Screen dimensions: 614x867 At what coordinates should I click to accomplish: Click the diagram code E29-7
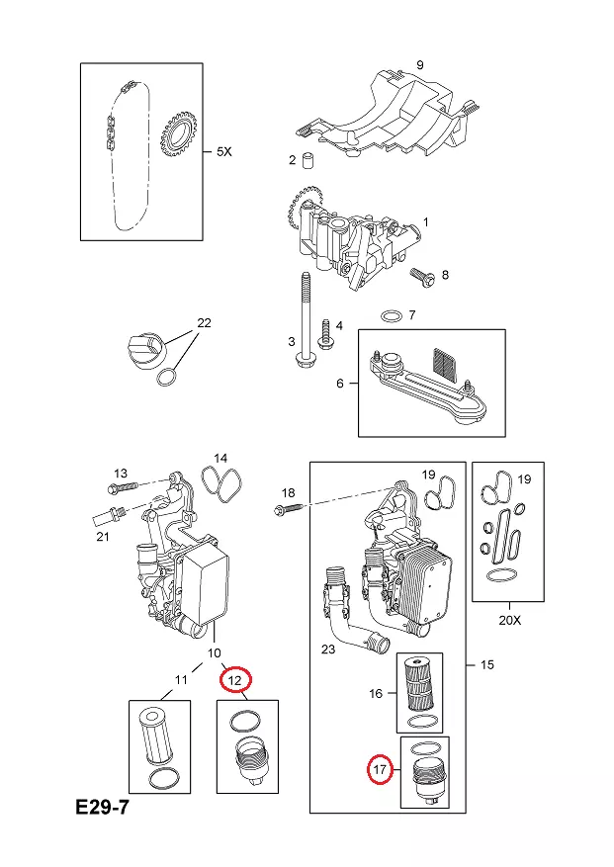(102, 808)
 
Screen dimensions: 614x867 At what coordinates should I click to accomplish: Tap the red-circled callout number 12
(235, 680)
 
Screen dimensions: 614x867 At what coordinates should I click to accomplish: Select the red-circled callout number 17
(380, 769)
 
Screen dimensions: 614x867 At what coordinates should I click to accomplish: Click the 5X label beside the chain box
(223, 151)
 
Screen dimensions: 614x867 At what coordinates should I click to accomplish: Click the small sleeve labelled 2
(307, 160)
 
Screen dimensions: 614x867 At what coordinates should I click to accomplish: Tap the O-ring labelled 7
(392, 316)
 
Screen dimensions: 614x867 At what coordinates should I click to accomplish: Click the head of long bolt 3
(306, 362)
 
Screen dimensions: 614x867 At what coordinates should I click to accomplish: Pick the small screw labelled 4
(324, 333)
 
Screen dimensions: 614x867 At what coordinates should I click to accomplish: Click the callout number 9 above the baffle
(420, 65)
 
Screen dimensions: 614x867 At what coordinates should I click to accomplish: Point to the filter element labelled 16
(419, 683)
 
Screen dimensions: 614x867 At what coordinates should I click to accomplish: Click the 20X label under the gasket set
(509, 621)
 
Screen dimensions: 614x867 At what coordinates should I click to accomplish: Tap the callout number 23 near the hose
(328, 649)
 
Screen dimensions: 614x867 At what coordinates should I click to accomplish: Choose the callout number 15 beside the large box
(486, 664)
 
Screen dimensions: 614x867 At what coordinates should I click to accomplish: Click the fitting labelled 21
(110, 516)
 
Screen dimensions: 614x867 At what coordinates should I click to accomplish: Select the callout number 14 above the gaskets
(220, 459)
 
